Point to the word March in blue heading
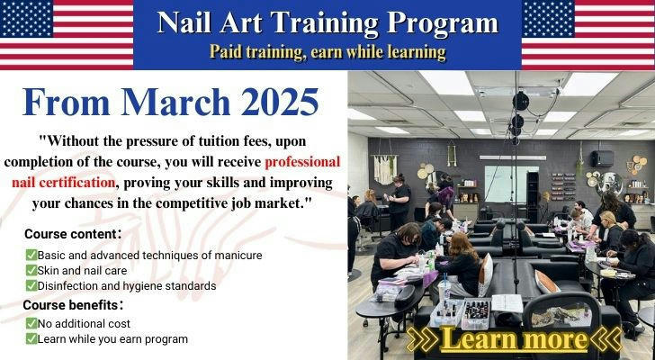175,102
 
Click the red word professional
302,162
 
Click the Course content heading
73,234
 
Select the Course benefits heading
73,305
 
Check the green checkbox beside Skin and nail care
31,270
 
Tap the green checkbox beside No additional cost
31,323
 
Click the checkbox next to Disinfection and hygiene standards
31,285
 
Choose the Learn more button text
514,338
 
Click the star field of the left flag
26,19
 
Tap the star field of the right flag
548,19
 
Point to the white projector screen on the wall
511,184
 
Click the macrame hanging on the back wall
385,169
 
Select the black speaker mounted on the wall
602,158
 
